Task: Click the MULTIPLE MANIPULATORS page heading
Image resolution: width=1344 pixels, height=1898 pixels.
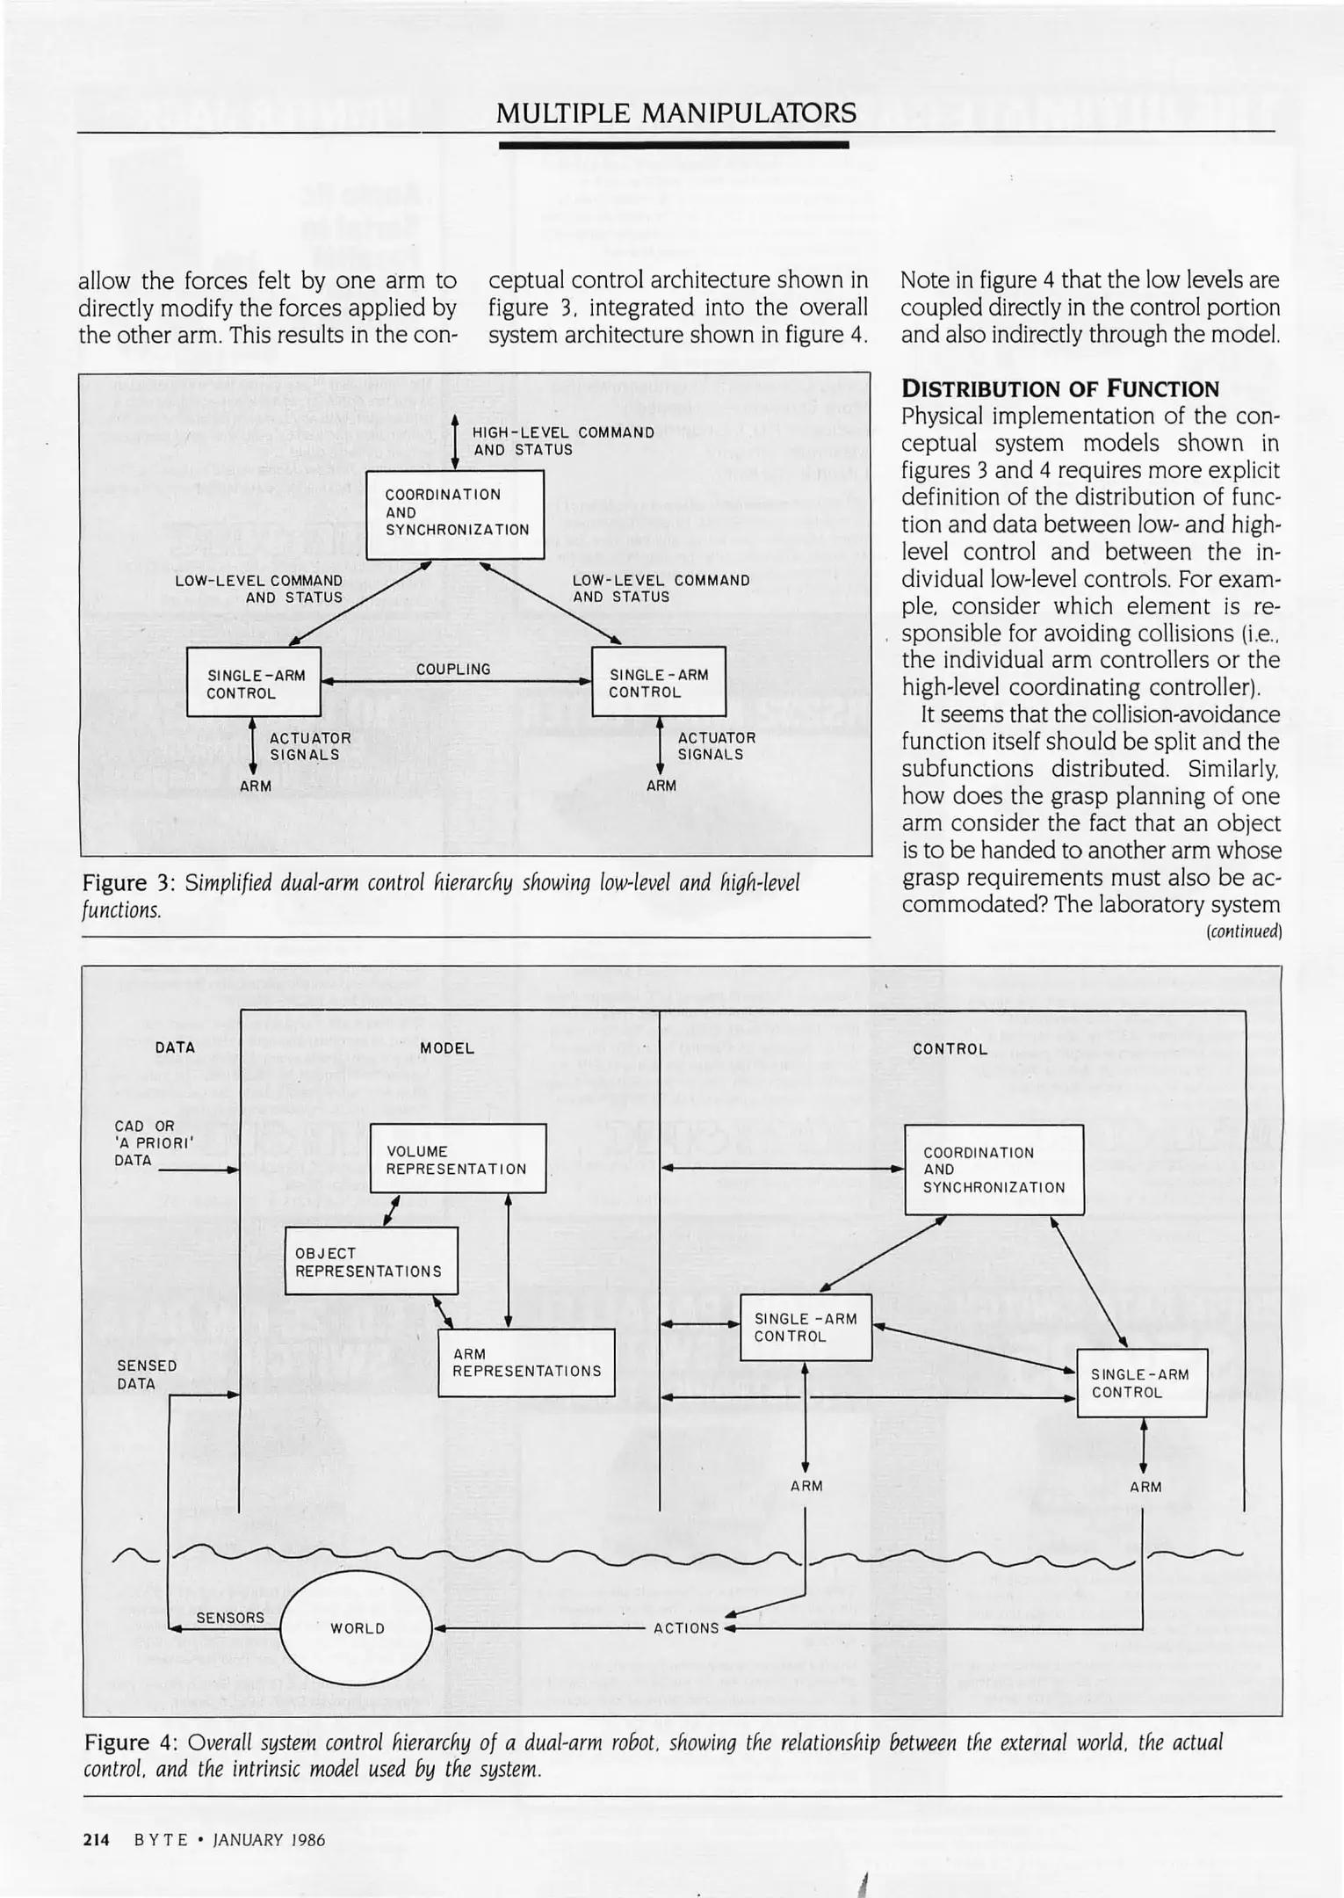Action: tap(676, 113)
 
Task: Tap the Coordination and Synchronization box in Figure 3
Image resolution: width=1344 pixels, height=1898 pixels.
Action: tap(455, 513)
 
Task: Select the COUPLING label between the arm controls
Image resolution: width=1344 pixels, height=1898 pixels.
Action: tap(453, 670)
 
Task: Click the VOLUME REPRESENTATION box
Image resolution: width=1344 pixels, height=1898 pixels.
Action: tap(458, 1159)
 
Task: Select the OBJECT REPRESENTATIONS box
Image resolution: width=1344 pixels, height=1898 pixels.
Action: tap(371, 1261)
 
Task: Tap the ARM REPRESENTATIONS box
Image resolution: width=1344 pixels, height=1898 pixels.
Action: tap(526, 1363)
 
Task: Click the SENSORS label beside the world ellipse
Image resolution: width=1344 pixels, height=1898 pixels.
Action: tap(230, 1618)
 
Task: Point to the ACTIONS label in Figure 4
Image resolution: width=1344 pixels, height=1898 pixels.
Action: tap(686, 1628)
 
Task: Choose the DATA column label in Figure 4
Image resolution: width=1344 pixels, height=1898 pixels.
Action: tap(175, 1047)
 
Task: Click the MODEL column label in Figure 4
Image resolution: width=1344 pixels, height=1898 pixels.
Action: tap(447, 1048)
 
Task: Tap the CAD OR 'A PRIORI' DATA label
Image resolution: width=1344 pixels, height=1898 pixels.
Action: tap(145, 1142)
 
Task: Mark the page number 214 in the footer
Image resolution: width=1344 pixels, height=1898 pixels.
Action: tap(96, 1840)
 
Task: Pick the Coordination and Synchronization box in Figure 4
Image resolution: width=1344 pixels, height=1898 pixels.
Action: tap(994, 1170)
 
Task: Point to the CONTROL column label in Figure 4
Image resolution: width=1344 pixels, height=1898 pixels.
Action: tap(950, 1049)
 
